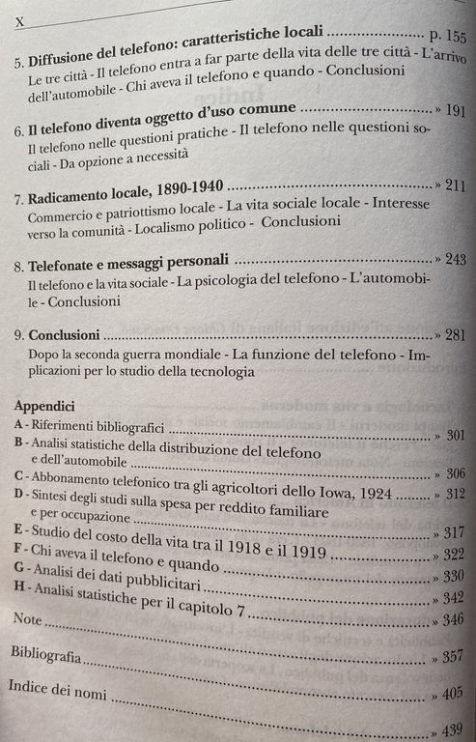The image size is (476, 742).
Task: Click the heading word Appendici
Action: click(x=42, y=408)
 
